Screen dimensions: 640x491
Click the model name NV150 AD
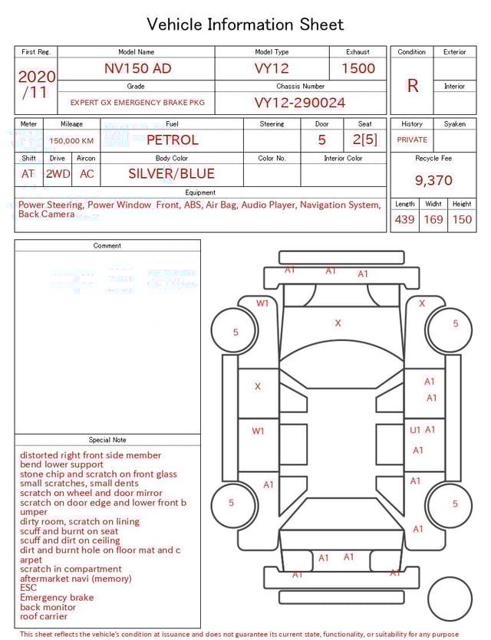click(137, 68)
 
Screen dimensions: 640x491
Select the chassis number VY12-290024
click(300, 103)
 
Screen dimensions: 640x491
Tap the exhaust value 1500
click(358, 68)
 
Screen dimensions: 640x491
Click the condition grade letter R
click(412, 86)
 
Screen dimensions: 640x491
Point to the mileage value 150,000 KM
click(71, 141)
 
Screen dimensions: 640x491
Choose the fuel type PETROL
click(172, 140)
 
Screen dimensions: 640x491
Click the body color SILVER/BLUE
click(171, 174)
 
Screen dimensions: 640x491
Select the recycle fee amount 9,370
click(433, 181)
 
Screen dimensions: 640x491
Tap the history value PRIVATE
click(412, 140)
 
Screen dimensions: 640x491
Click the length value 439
click(404, 220)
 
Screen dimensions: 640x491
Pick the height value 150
click(462, 220)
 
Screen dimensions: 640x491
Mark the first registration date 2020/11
click(36, 84)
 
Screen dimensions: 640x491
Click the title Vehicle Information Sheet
click(245, 25)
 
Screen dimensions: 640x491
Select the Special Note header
click(107, 440)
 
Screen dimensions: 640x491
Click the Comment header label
click(107, 246)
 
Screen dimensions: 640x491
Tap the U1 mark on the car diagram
click(415, 431)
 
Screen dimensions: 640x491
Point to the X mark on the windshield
click(338, 323)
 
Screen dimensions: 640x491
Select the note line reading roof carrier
click(43, 616)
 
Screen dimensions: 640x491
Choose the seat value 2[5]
click(365, 140)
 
